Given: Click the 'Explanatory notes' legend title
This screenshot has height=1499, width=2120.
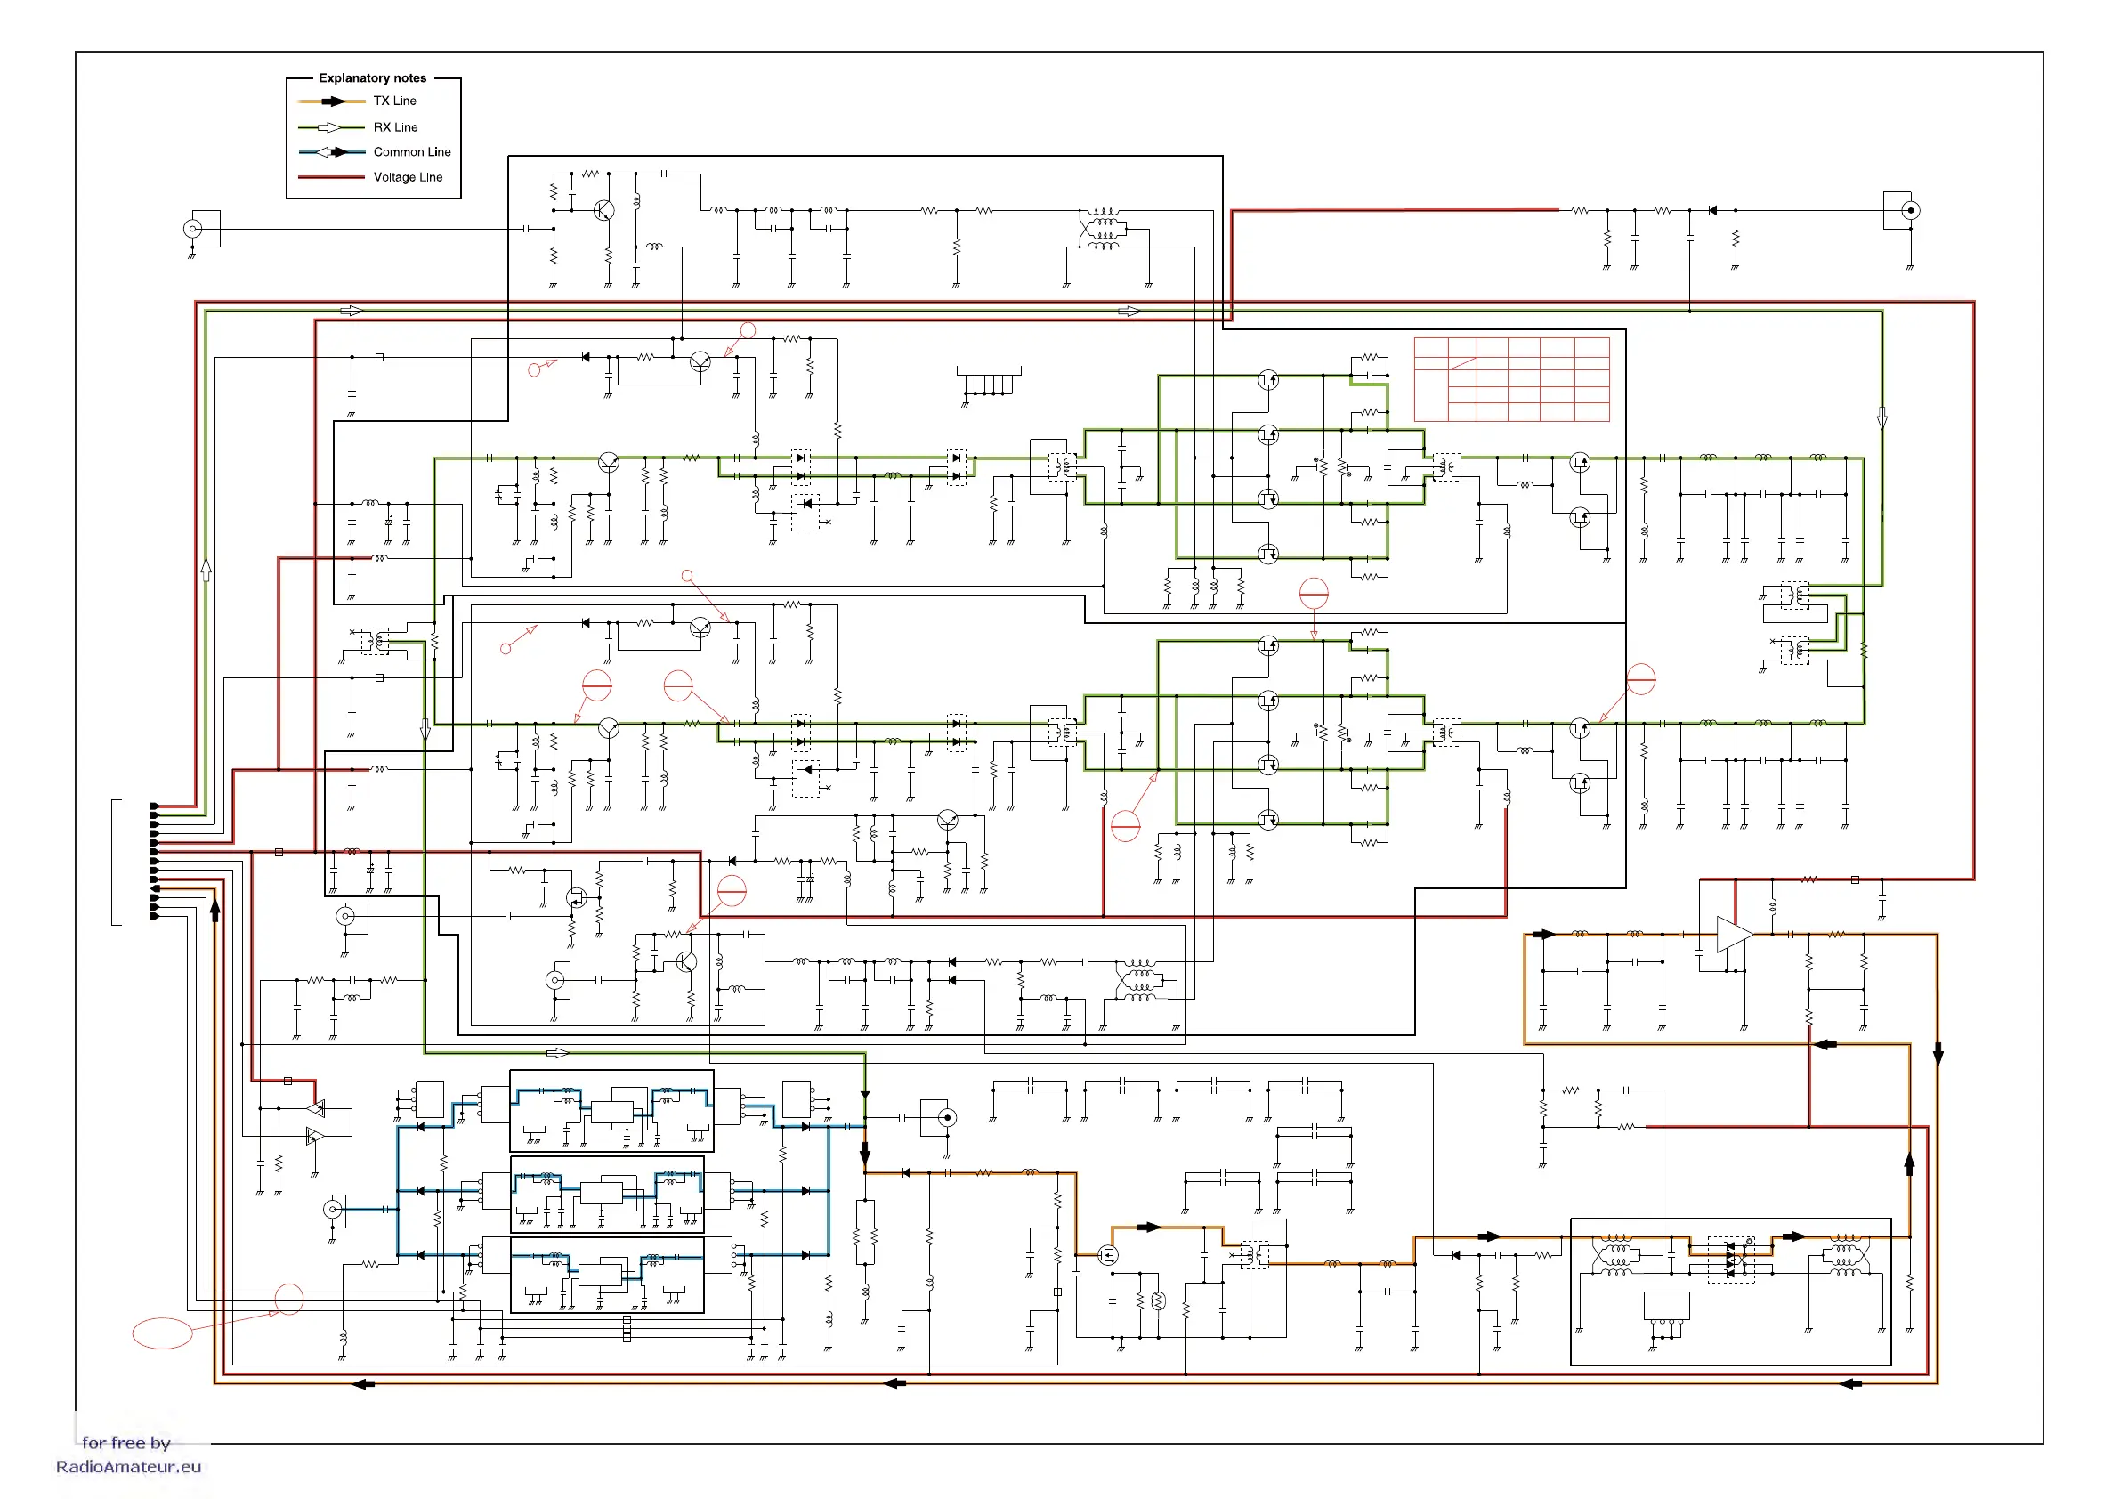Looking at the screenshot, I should coord(372,78).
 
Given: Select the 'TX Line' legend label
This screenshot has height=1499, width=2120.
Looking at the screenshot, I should coord(394,101).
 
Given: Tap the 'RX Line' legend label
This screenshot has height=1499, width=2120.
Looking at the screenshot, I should coord(395,127).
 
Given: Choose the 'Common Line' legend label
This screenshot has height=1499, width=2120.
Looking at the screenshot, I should coord(412,152).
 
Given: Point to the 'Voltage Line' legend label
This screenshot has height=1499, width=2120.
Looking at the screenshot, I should coord(408,177).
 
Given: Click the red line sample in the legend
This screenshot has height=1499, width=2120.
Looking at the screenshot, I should coord(331,177).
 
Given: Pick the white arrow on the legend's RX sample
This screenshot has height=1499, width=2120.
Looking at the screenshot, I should coord(329,127).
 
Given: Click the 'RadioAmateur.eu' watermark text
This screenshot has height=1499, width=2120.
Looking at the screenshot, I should coord(128,1467).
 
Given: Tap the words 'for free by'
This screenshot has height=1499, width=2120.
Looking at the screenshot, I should coord(126,1443).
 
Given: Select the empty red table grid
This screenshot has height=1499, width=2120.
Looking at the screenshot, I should coord(1511,378).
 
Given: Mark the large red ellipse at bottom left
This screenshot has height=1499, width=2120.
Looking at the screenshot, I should coord(163,1333).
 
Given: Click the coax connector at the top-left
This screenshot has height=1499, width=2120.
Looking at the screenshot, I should coord(193,228).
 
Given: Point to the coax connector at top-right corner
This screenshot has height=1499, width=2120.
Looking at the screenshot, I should coord(1910,211).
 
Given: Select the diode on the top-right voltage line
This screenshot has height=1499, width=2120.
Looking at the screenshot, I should coord(1711,211).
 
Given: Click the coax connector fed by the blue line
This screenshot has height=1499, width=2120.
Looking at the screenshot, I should coord(334,1209).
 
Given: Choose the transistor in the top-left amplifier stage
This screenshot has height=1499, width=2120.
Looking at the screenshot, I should coord(603,211).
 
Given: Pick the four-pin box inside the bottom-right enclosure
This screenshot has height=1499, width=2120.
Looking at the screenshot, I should coord(1667,1305).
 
